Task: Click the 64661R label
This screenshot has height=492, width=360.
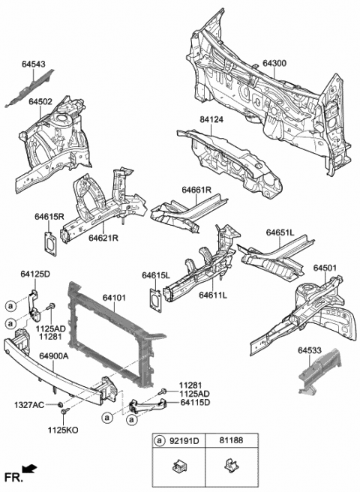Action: tap(196, 190)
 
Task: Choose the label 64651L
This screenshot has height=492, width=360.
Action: tap(280, 233)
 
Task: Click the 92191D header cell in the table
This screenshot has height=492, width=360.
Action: tap(185, 441)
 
